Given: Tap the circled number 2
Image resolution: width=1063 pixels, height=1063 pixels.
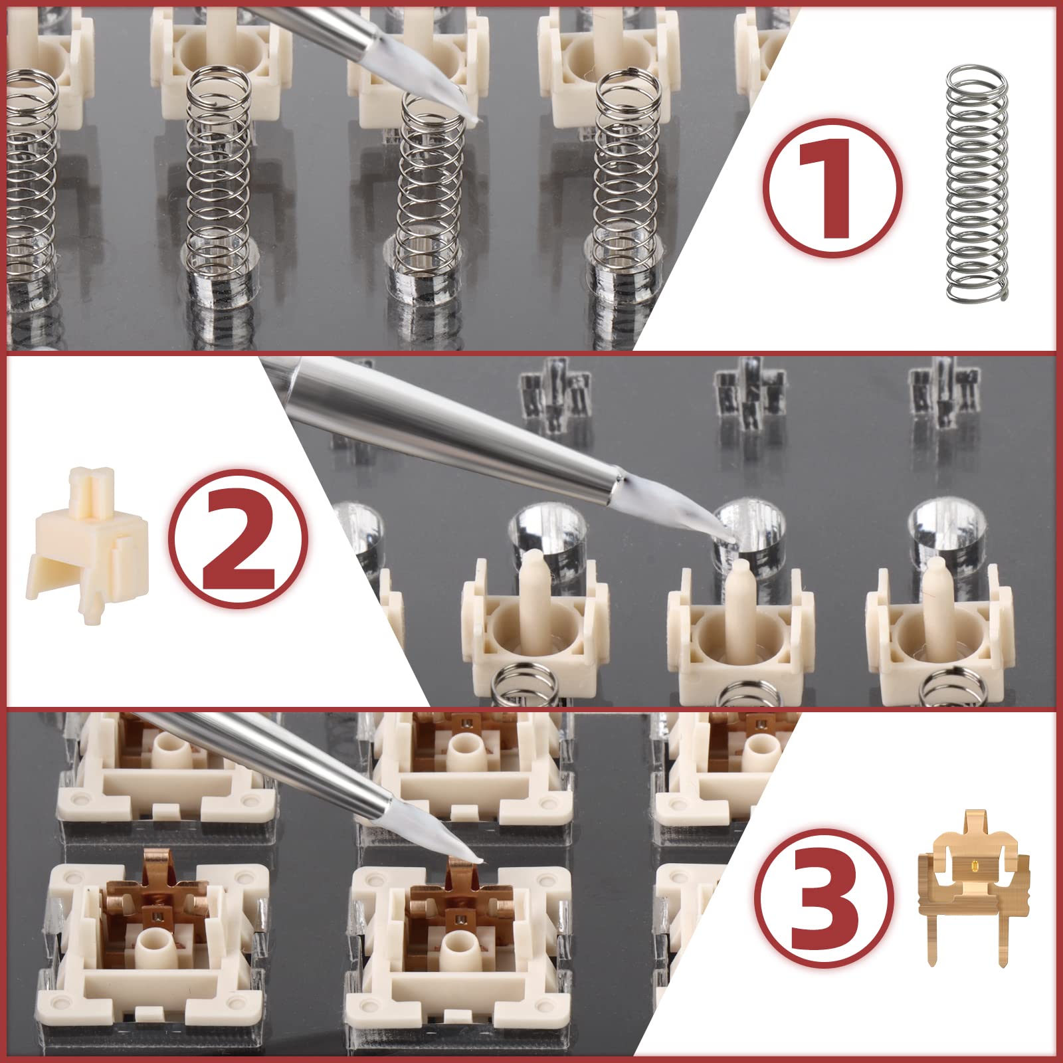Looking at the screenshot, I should [x=238, y=539].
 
